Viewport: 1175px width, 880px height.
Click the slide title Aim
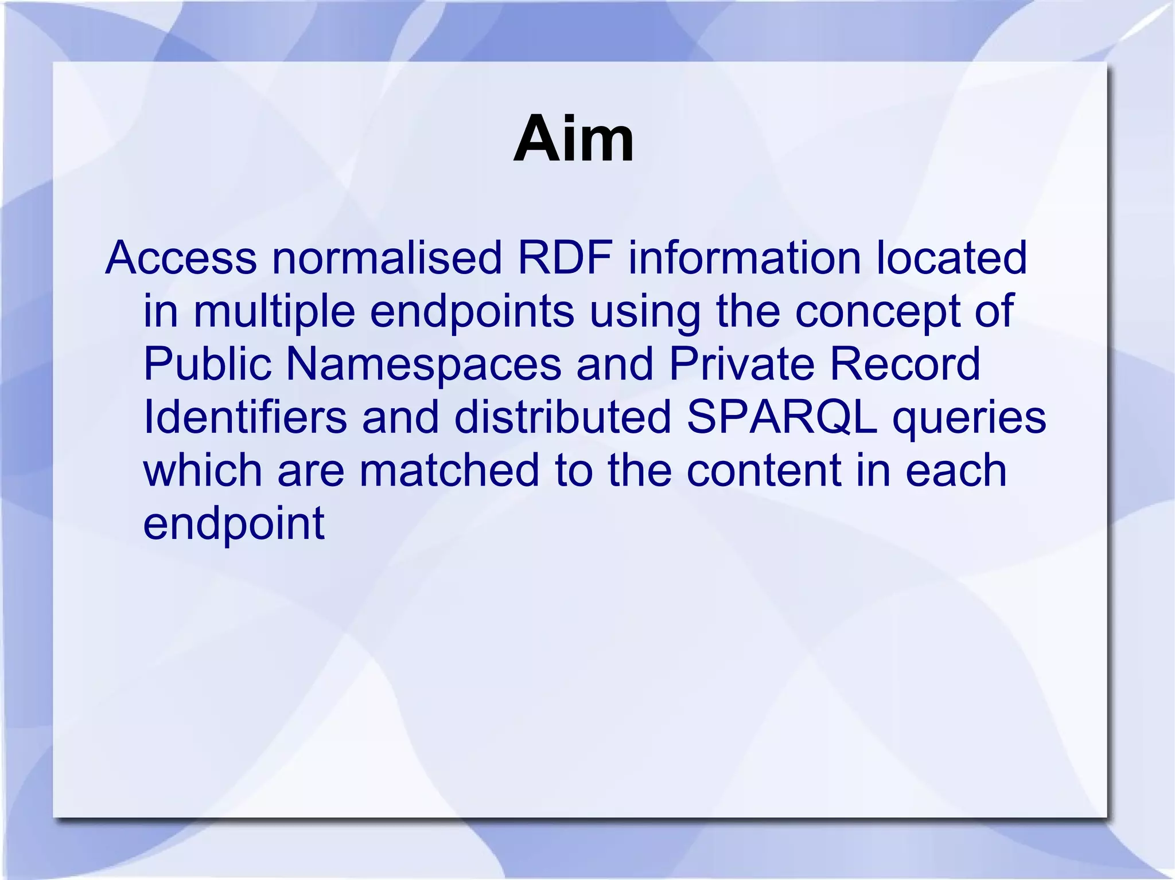pos(574,139)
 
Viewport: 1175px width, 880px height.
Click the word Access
pos(181,258)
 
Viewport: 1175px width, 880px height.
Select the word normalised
pos(387,258)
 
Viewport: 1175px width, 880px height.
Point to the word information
pos(745,258)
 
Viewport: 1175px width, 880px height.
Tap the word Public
pos(207,364)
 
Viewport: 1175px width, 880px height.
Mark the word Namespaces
pos(423,365)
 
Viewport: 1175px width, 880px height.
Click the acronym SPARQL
pos(782,418)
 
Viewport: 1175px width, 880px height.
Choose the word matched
pos(449,470)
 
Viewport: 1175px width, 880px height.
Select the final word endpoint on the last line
pos(234,525)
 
